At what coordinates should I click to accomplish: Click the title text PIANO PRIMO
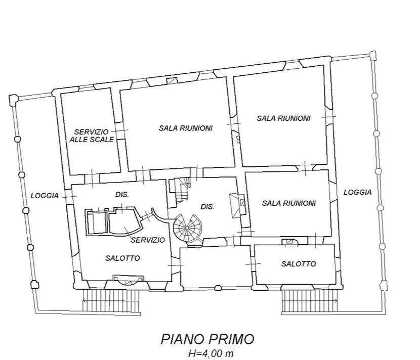coord(207,339)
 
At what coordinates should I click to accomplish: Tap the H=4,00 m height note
coord(211,353)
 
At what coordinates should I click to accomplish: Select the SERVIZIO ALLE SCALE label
coord(92,136)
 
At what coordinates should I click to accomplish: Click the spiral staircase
coord(187,228)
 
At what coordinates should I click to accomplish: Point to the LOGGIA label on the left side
coord(45,196)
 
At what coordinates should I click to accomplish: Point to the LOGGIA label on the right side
coord(358,192)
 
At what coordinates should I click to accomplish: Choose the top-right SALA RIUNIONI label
coord(283,118)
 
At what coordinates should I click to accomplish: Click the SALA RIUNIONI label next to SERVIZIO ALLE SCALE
coord(186,128)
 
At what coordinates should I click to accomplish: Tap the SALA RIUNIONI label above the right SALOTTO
coord(289,203)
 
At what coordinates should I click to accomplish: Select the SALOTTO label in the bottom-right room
coord(299,264)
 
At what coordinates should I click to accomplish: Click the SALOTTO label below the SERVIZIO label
coord(122,258)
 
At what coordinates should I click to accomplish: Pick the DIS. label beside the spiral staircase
coord(207,207)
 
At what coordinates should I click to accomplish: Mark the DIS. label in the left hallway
coord(122,195)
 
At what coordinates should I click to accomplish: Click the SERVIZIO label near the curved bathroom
coord(148,240)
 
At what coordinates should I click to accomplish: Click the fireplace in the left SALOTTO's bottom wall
coord(129,280)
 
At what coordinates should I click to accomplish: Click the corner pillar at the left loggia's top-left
coord(13,101)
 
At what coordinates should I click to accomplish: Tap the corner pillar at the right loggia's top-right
coord(372,56)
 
